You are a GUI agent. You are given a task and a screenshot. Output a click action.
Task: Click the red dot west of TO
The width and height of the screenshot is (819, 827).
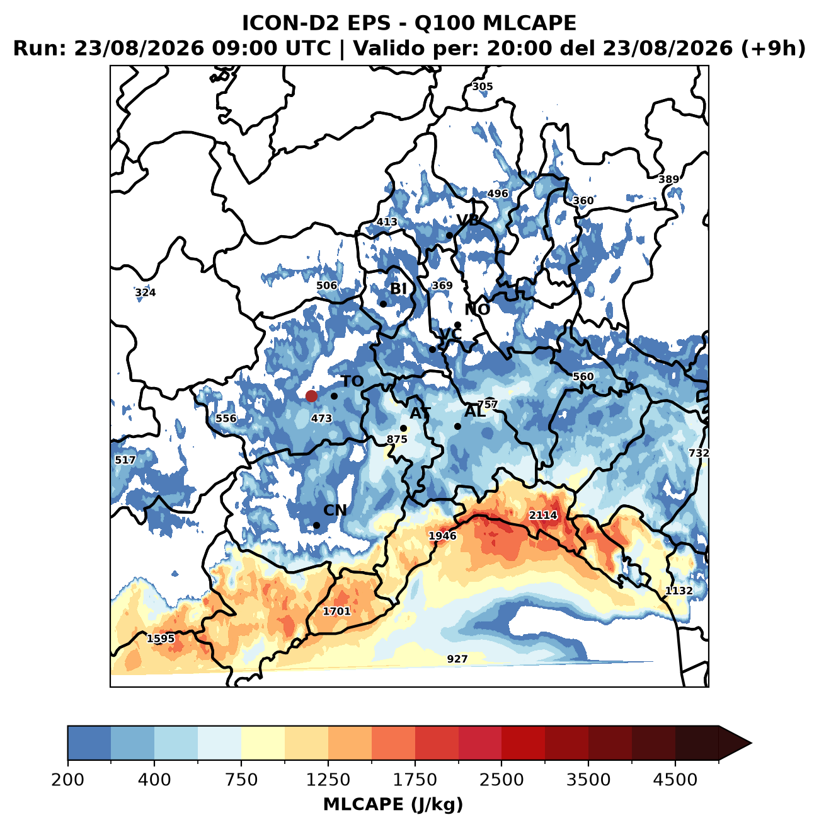[x=311, y=396]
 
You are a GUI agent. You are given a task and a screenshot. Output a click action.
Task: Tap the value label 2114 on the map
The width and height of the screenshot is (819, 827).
[x=542, y=515]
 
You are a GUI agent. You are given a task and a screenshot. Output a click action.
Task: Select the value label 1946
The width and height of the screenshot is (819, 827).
[x=442, y=536]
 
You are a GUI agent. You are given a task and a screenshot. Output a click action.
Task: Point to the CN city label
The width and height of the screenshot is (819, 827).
[x=335, y=511]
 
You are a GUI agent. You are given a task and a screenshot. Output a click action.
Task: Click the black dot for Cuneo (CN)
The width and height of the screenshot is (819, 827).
[x=317, y=525]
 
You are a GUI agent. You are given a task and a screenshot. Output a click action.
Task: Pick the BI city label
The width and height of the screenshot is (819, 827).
[x=398, y=289]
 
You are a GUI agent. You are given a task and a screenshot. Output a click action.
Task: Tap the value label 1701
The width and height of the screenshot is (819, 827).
[x=336, y=611]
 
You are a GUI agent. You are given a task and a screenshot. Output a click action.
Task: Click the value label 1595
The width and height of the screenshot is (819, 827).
[x=161, y=639]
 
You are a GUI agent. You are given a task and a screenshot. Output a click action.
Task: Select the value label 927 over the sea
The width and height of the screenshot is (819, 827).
[x=457, y=659]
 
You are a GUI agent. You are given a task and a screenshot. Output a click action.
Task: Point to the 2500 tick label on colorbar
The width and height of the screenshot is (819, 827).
[x=501, y=779]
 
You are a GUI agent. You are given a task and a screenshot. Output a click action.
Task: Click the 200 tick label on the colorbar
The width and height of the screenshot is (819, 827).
[x=68, y=779]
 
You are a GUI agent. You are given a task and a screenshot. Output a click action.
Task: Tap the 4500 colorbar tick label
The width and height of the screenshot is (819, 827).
[x=675, y=779]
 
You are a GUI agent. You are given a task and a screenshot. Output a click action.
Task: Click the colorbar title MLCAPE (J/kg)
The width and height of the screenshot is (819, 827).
[x=393, y=804]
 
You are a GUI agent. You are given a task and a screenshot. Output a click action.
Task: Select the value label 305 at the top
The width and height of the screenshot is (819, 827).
[x=482, y=87]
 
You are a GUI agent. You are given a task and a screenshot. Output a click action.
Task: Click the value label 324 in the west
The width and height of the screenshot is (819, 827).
[x=146, y=292]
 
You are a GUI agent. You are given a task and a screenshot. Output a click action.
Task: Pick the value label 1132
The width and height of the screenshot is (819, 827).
[x=679, y=591]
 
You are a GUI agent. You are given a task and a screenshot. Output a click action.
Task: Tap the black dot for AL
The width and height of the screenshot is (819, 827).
[x=458, y=427]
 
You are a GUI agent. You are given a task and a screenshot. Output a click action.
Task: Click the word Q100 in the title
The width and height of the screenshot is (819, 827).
[x=444, y=23]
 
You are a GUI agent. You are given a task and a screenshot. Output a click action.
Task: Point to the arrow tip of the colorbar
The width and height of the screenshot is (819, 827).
[x=751, y=743]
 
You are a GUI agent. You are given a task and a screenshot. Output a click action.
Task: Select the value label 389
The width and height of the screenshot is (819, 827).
[x=669, y=180]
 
